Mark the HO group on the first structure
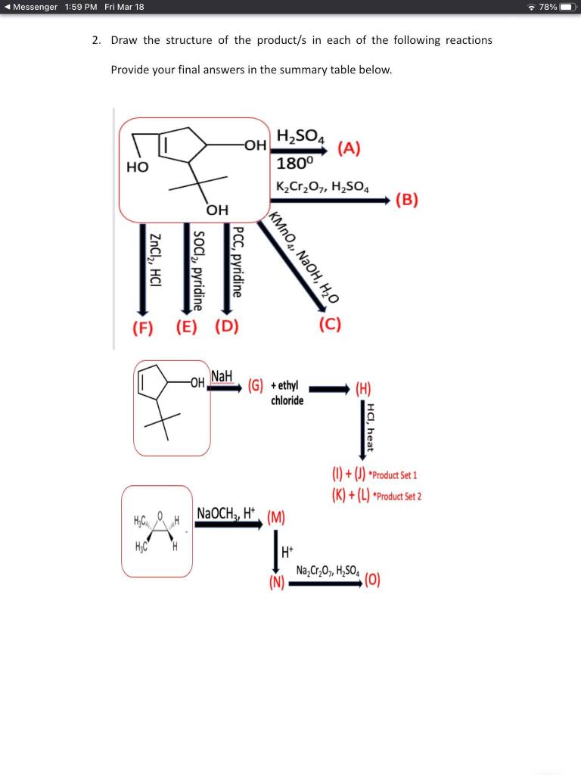pyautogui.click(x=137, y=166)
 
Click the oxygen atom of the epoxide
pyautogui.click(x=160, y=517)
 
